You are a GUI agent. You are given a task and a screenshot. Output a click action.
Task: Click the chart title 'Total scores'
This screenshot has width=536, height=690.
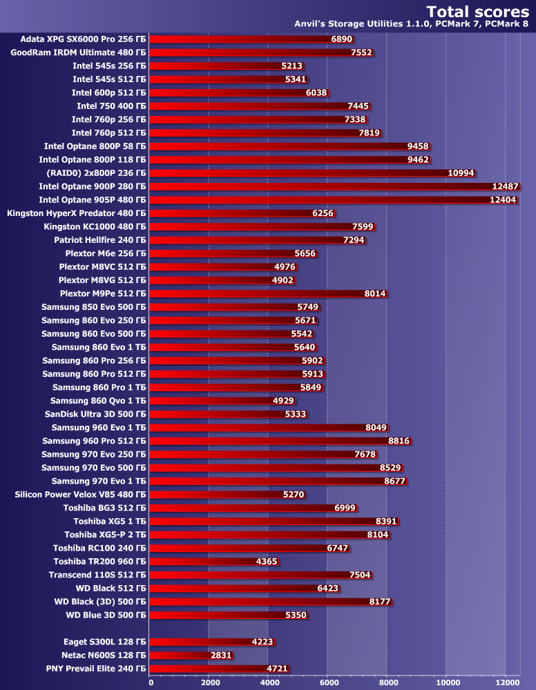[x=477, y=11]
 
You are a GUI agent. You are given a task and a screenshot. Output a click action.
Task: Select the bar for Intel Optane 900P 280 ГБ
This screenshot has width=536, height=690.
[x=335, y=186]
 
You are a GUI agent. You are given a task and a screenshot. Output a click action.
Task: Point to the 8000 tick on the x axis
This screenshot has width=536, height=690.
[x=387, y=683]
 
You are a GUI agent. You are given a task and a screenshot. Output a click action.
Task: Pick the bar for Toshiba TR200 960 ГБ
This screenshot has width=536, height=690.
[x=214, y=561]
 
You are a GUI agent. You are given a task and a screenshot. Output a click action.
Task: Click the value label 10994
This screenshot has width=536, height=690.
[x=461, y=172]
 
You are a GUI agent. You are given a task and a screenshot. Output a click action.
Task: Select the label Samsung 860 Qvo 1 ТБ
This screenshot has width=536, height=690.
[x=98, y=400]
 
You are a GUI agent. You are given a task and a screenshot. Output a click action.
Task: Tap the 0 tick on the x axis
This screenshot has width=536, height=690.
[x=151, y=683]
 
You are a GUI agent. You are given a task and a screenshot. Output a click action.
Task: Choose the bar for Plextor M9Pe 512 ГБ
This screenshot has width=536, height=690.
[x=269, y=293]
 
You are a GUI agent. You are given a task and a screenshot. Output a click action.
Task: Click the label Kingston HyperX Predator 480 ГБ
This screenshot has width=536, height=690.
[x=76, y=213]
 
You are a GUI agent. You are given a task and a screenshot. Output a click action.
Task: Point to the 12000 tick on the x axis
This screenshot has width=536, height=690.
[x=505, y=683]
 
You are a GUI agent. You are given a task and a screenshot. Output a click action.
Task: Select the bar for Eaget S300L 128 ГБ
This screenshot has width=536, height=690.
[x=212, y=641]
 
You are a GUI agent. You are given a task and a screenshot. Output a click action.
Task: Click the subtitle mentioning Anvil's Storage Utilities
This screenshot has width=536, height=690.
[x=412, y=24]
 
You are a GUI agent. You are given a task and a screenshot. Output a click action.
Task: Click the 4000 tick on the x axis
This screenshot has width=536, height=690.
[x=269, y=683]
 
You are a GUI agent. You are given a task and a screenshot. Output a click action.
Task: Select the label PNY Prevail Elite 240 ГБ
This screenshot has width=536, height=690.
[x=96, y=668]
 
